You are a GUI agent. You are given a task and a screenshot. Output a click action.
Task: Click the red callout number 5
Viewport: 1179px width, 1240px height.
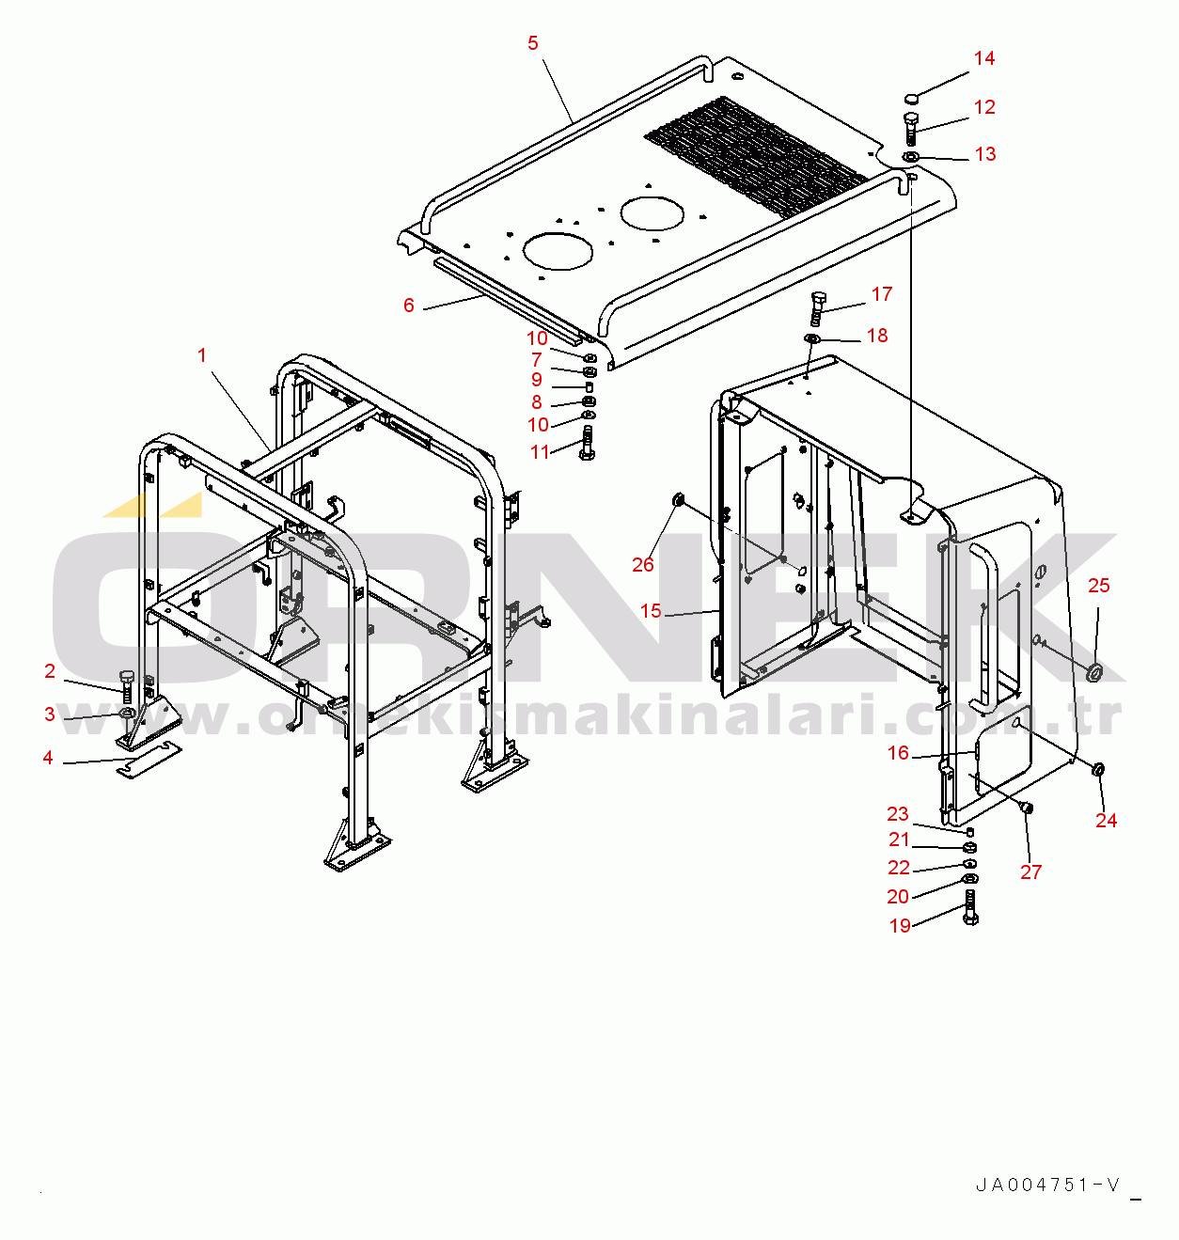[x=533, y=43]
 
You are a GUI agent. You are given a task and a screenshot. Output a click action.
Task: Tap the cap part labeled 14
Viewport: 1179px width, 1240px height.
[x=911, y=98]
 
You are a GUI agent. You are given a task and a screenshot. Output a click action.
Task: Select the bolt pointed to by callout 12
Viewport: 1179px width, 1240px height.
[x=910, y=129]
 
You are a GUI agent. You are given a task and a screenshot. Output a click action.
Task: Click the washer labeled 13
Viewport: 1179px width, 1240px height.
[x=910, y=156]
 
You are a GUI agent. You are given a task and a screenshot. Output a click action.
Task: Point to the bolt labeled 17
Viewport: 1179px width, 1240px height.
[x=816, y=308]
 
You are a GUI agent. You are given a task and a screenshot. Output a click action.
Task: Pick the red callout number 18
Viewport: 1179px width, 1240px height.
[x=877, y=336]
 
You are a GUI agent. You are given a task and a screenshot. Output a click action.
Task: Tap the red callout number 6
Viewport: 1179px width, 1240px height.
[x=409, y=306]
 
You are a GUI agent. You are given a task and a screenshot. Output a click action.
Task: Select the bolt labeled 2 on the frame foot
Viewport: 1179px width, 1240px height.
[x=127, y=687]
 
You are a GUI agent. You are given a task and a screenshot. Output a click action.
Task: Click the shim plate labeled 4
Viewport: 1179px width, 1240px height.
[x=149, y=761]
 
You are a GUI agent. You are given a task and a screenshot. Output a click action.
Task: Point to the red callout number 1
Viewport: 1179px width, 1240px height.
[x=202, y=355]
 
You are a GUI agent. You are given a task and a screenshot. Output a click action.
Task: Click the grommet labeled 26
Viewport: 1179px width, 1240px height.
[x=678, y=500]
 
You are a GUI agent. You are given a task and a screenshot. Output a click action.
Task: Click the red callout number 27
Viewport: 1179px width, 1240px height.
[x=1030, y=871]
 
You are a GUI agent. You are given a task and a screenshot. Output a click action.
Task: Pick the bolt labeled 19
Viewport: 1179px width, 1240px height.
[x=971, y=907]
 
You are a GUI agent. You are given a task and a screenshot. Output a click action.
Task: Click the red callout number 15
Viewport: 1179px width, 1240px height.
[x=651, y=610]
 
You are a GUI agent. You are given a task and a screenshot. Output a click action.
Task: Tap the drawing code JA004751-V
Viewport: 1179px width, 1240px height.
[x=1047, y=1185]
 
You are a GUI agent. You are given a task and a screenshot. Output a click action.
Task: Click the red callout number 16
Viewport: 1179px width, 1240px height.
[x=898, y=752]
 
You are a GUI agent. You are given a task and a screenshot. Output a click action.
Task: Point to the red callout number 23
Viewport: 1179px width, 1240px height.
[x=898, y=813]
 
